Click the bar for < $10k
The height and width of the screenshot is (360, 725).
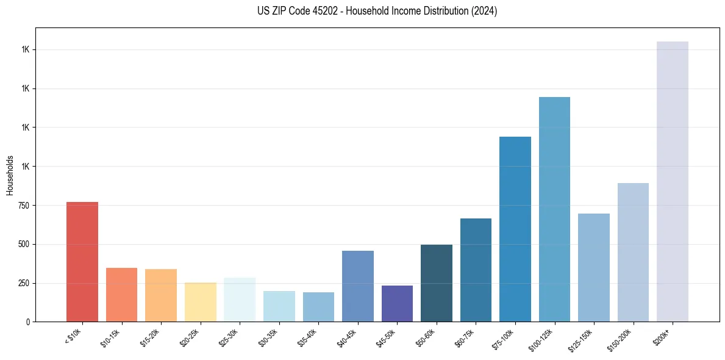(x=82, y=262)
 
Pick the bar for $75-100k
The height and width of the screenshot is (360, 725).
(x=515, y=229)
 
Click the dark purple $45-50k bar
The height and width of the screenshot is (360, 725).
(x=397, y=303)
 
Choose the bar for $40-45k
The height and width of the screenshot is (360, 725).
(x=358, y=286)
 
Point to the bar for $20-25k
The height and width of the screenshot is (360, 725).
(x=201, y=302)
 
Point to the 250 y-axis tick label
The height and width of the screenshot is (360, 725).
(x=23, y=283)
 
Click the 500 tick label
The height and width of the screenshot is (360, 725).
(x=23, y=245)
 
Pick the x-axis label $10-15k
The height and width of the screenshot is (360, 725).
(x=110, y=337)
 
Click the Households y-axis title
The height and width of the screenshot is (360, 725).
(x=10, y=175)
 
